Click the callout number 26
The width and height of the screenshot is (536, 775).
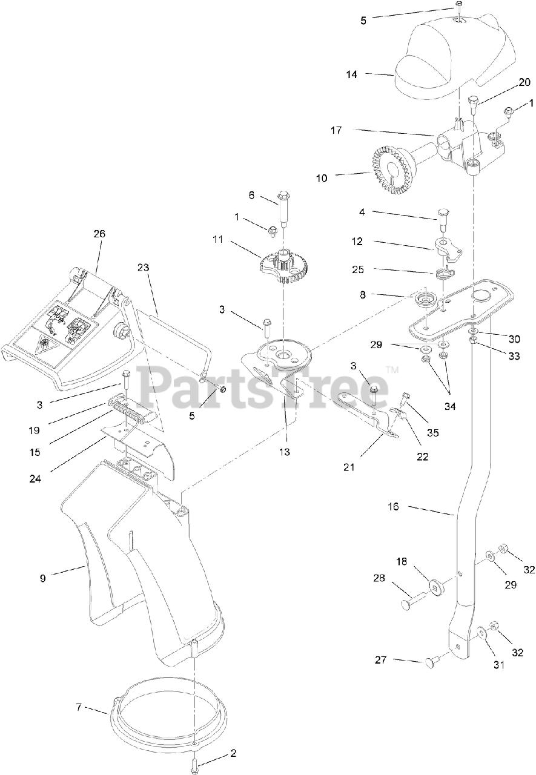pyautogui.click(x=99, y=233)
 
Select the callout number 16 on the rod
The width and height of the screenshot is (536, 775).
pyautogui.click(x=394, y=506)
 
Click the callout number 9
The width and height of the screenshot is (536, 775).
pyautogui.click(x=42, y=578)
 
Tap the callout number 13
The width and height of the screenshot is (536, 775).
pyautogui.click(x=284, y=451)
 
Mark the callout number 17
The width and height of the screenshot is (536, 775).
pyautogui.click(x=336, y=130)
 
